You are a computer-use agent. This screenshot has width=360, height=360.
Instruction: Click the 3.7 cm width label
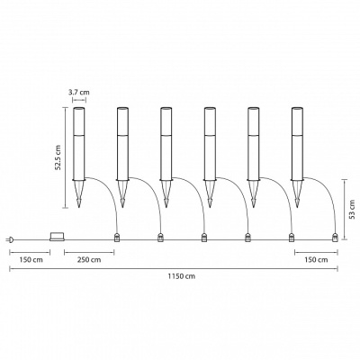pos(79,92)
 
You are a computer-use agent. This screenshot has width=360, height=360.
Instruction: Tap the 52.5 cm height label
pos(58,157)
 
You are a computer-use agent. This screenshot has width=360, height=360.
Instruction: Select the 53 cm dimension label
pos(352,210)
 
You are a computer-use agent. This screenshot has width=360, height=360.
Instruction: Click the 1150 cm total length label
pos(181,276)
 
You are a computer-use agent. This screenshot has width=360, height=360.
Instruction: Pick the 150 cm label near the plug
pos(31,260)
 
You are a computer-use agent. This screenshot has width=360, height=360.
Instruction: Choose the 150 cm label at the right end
pos(316,260)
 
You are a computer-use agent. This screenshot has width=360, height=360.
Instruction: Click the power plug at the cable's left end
pos(9,239)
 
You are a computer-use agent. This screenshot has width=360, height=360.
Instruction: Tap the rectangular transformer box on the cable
pos(57,237)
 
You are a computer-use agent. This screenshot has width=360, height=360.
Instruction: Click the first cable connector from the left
pos(116,238)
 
